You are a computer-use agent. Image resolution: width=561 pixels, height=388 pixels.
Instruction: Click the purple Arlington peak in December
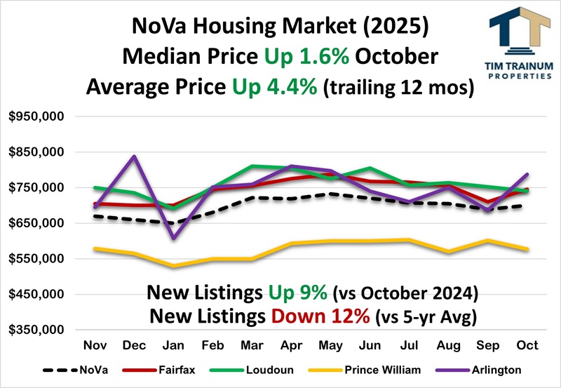pos(134,156)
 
